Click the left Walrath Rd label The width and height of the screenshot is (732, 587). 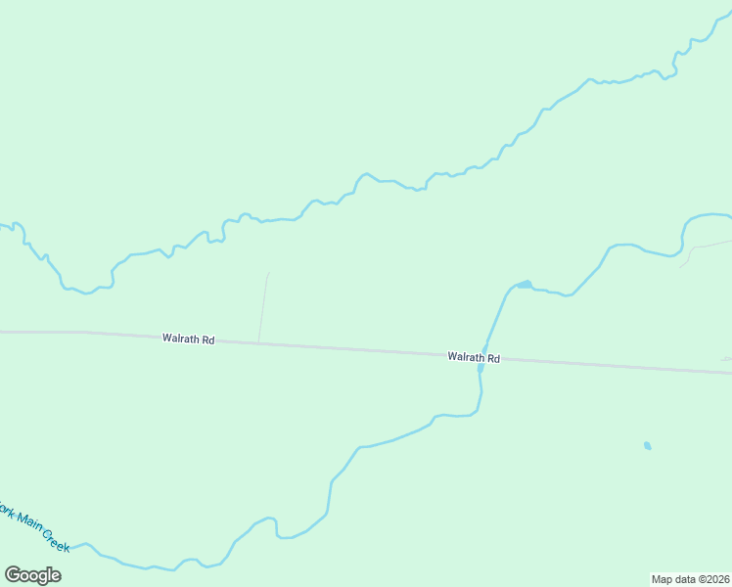pos(189,339)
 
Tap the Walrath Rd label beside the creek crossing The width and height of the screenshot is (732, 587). pos(474,358)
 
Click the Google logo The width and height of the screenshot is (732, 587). pos(33,575)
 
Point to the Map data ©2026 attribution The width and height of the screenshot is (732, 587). pos(691,579)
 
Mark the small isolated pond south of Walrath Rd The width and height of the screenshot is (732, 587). pos(647,446)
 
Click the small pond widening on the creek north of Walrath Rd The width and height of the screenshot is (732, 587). pos(525,285)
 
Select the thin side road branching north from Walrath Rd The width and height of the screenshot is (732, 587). pos(263,307)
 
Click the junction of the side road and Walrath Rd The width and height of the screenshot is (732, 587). pos(258,342)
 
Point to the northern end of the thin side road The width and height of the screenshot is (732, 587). pos(268,273)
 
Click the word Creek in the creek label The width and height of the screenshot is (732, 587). pos(55,539)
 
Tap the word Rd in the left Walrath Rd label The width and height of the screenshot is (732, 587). pos(208,340)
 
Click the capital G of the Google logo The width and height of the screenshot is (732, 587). pos(13,574)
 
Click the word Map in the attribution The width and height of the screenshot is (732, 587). pos(662,579)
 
